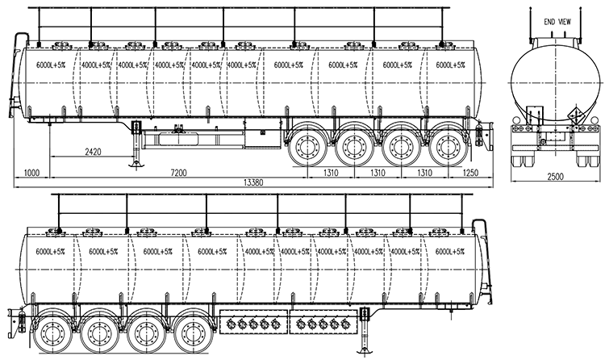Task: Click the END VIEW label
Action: [557, 22]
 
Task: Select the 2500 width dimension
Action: [555, 177]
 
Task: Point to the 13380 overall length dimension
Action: [253, 182]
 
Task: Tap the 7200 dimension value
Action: [178, 172]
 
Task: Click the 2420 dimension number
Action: [93, 152]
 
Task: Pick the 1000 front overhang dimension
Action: [31, 172]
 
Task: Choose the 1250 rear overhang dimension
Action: [470, 172]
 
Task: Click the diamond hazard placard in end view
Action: [577, 114]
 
